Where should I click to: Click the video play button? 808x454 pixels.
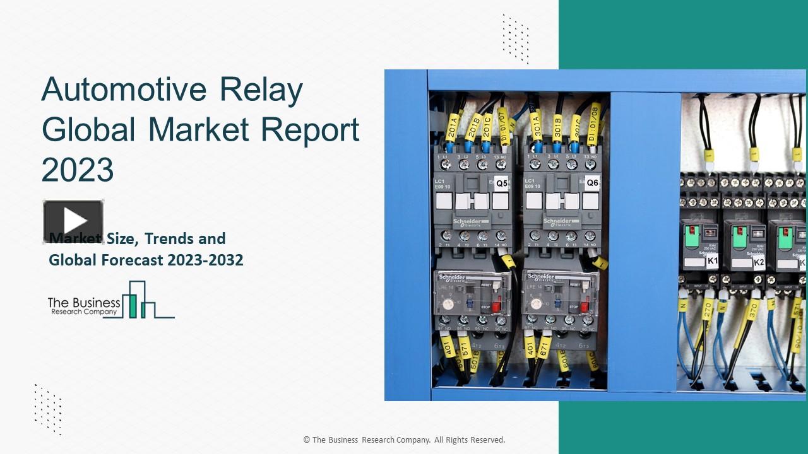coord(73,221)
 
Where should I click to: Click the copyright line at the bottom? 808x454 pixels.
coord(404,440)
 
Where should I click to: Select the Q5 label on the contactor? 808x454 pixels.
coord(501,184)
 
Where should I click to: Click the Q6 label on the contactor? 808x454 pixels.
coord(592,183)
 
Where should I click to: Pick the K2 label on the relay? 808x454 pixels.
coord(759,262)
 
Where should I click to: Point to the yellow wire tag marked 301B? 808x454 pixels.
coord(557,128)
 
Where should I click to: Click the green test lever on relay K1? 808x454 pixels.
coord(692,236)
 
